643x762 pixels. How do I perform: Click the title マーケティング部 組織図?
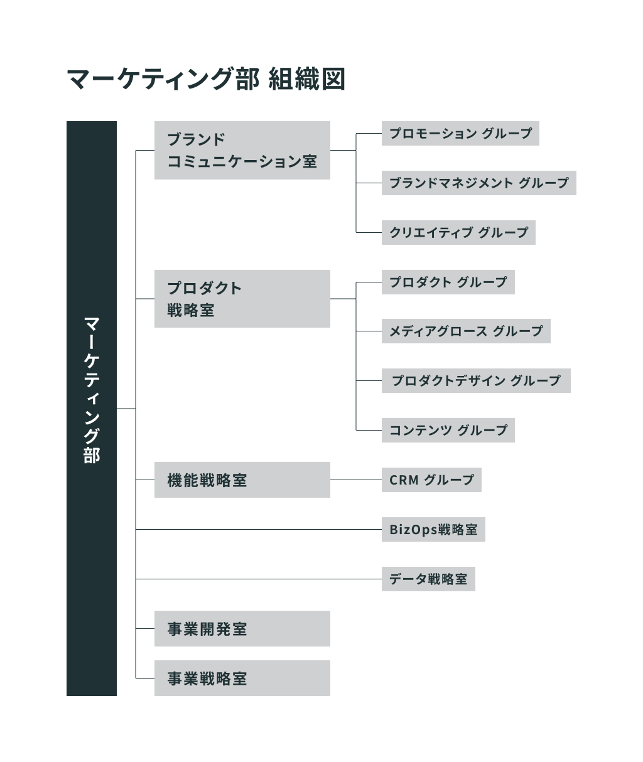205,79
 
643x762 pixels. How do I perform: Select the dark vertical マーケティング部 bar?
92,409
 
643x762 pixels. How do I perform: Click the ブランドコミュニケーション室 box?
242,151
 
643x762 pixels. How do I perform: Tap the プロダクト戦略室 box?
242,299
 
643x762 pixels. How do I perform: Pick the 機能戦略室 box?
242,480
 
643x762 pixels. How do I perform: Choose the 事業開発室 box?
242,628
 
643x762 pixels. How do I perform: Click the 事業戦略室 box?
242,678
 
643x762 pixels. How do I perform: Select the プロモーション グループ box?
460,134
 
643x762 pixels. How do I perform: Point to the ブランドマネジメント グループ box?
479,183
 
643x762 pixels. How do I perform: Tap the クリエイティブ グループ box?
458,232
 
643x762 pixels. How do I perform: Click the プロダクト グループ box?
448,282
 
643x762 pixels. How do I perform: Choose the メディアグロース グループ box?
467,331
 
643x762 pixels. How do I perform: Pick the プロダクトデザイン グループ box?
476,380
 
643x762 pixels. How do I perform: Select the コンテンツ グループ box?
448,430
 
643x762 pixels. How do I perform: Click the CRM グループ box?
431,480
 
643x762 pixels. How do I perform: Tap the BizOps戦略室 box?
433,530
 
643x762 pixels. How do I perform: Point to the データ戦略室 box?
429,579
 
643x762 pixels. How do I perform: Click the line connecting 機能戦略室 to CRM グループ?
356,480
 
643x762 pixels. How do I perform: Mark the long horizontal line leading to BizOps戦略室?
259,530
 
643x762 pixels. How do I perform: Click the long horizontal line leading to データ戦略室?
259,579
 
